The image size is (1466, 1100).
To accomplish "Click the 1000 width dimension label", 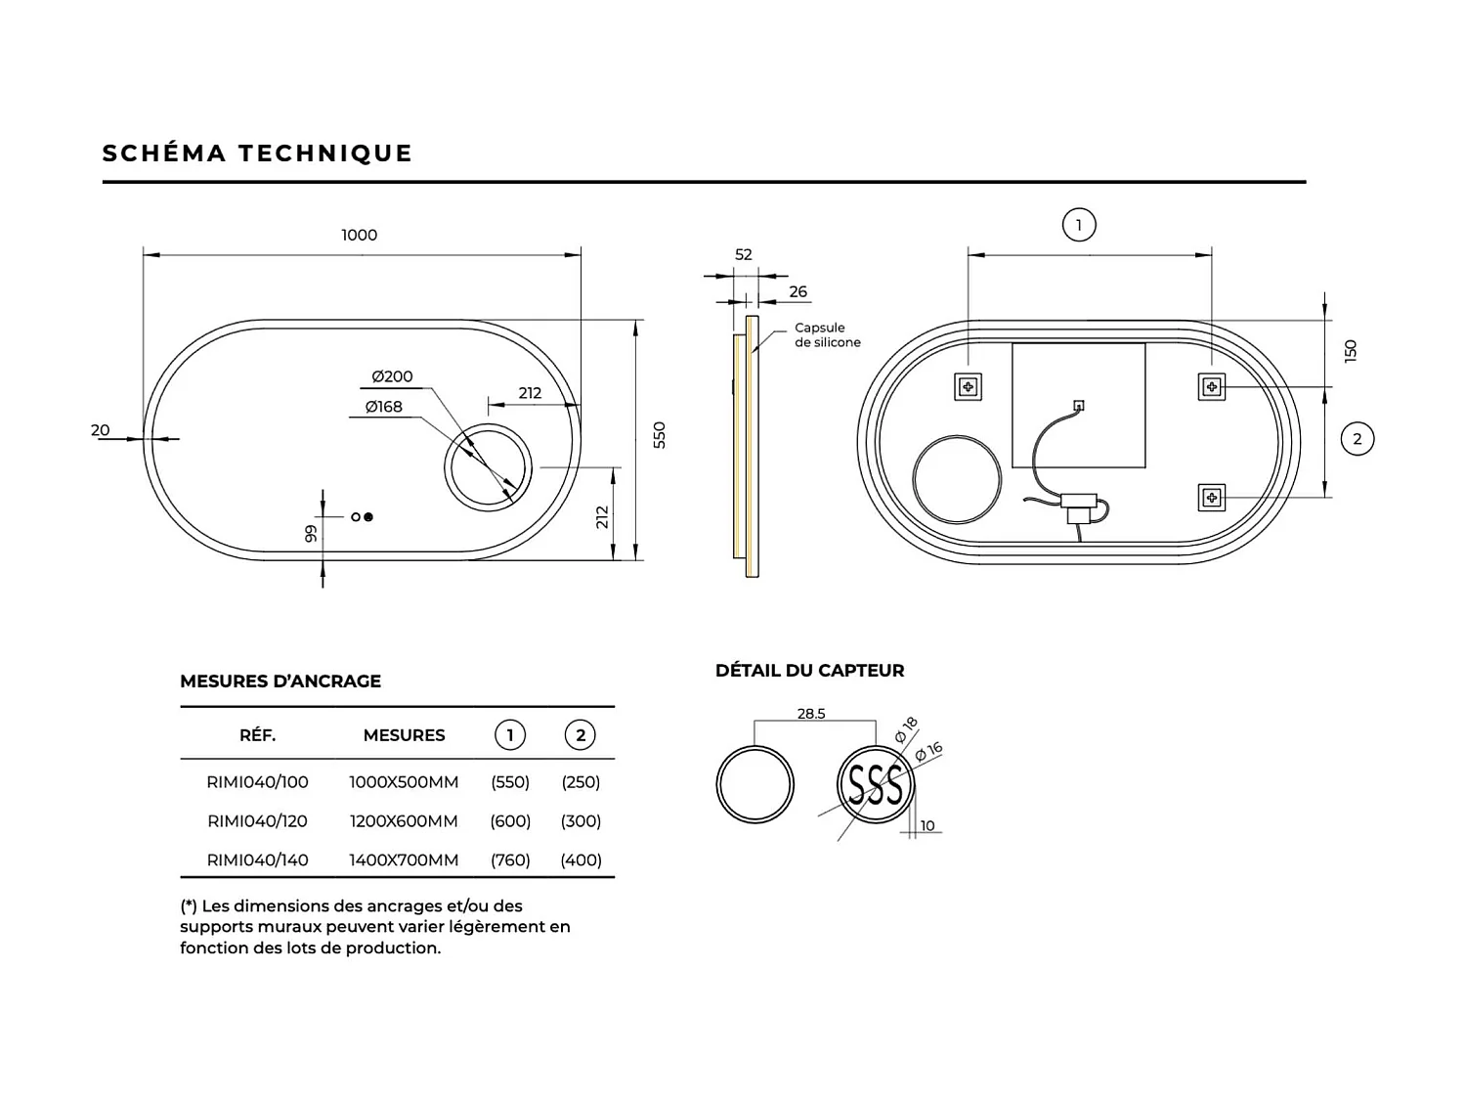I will pyautogui.click(x=359, y=235).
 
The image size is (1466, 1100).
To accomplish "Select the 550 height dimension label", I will pyautogui.click(x=660, y=435).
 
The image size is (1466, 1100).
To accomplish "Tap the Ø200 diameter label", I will pyautogui.click(x=392, y=376).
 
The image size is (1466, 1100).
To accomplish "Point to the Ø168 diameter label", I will pyautogui.click(x=384, y=407).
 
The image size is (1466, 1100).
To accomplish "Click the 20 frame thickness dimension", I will pyautogui.click(x=101, y=430).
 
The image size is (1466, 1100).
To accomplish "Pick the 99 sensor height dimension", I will pyautogui.click(x=311, y=534).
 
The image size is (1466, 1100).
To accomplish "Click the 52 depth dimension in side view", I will pyautogui.click(x=744, y=254).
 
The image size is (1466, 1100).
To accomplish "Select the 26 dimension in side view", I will pyautogui.click(x=798, y=291).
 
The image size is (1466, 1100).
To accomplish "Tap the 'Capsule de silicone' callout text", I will pyautogui.click(x=827, y=335).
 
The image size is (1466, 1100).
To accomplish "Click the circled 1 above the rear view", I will pyautogui.click(x=1079, y=225).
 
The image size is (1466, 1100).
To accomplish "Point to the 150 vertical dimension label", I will pyautogui.click(x=1351, y=351).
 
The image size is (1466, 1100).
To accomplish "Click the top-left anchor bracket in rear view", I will pyautogui.click(x=969, y=387).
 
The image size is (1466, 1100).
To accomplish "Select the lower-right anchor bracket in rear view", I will pyautogui.click(x=1212, y=498).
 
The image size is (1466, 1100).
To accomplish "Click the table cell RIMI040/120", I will pyautogui.click(x=258, y=821).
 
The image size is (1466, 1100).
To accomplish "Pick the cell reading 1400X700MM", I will pyautogui.click(x=404, y=860).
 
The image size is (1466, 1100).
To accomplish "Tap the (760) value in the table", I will pyautogui.click(x=510, y=860).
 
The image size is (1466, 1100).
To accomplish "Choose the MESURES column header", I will pyautogui.click(x=404, y=735).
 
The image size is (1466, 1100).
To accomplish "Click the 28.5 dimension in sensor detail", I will pyautogui.click(x=811, y=714).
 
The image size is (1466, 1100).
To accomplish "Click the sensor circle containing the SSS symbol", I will pyautogui.click(x=875, y=784).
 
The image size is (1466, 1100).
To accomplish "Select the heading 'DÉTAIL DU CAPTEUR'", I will pyautogui.click(x=809, y=671).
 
